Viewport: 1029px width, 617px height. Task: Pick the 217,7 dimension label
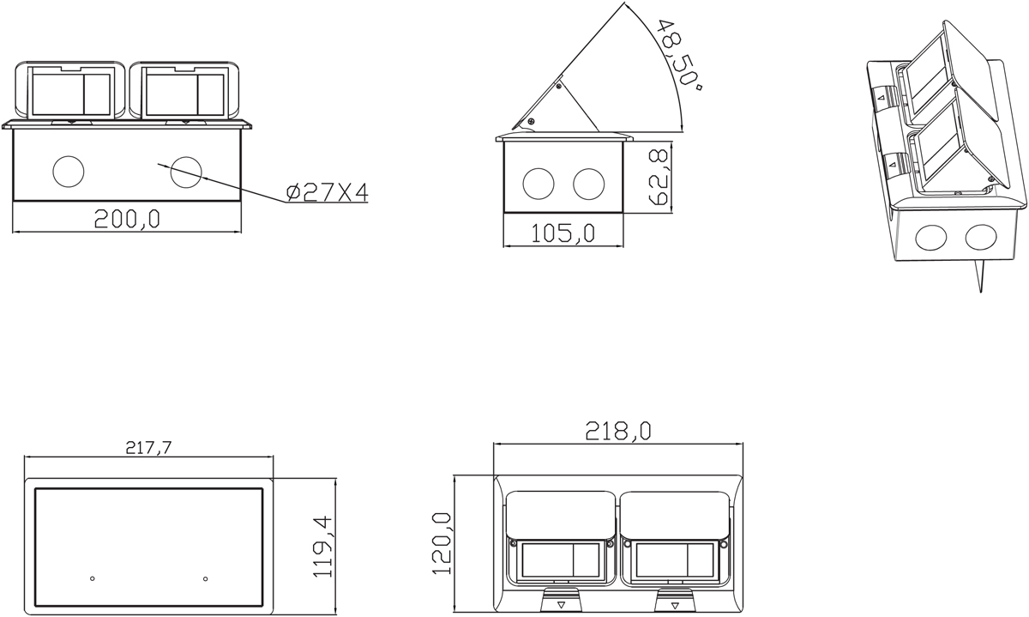pos(147,446)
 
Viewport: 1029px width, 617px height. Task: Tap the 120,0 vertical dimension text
pos(442,542)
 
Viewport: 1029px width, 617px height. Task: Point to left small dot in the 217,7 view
pos(93,578)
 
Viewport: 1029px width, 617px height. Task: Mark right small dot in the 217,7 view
pos(205,578)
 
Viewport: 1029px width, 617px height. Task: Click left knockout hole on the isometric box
pos(930,238)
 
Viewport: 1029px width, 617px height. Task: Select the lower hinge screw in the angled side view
pos(530,122)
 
